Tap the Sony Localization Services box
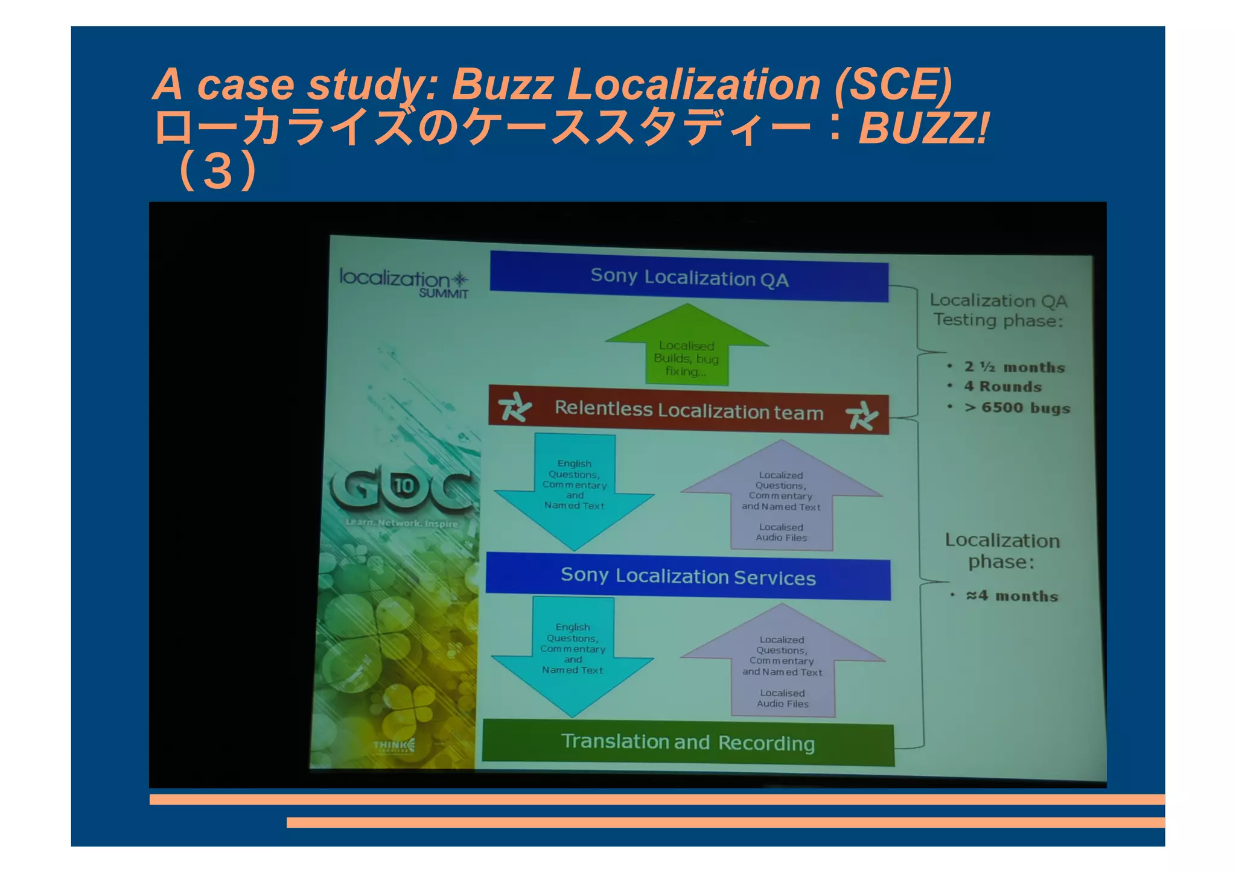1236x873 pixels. pos(688,576)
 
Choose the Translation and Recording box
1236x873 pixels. pos(688,742)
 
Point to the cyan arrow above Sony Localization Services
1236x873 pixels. pos(574,489)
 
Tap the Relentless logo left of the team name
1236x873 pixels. pos(515,407)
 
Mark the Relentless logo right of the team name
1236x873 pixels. pos(861,416)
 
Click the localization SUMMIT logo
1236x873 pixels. pos(404,283)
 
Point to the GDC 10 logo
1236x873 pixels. pos(401,487)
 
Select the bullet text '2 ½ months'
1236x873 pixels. pos(1014,367)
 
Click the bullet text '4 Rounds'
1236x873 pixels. pos(1002,386)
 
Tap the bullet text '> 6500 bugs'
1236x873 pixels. pos(1017,408)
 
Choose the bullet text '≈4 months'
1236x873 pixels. pos(1012,596)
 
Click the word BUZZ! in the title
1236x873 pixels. pos(923,128)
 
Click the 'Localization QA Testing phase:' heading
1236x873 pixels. pos(998,310)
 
